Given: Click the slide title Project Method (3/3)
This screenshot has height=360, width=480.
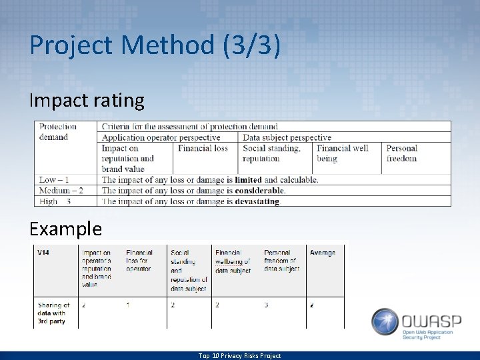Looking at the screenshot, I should pyautogui.click(x=155, y=45).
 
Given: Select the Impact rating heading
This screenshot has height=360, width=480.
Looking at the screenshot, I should pyautogui.click(x=87, y=101).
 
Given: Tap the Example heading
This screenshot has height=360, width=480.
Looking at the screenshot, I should pyautogui.click(x=65, y=229).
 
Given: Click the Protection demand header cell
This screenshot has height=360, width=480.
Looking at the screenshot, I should pyautogui.click(x=58, y=132).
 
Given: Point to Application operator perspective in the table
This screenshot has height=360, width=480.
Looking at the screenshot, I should pyautogui.click(x=161, y=137).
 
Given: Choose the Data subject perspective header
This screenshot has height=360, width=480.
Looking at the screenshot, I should pyautogui.click(x=287, y=137).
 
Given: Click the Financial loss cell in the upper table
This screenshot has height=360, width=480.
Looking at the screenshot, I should pyautogui.click(x=203, y=148).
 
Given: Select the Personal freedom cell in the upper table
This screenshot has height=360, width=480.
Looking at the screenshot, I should pyautogui.click(x=401, y=153).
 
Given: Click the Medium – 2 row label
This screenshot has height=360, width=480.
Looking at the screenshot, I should pyautogui.click(x=61, y=191).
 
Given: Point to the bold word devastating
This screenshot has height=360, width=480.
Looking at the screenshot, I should pyautogui.click(x=257, y=201).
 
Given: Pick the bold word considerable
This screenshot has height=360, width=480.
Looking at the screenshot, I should pyautogui.click(x=259, y=191).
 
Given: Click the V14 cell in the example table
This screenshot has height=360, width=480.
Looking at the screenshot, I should pyautogui.click(x=43, y=253).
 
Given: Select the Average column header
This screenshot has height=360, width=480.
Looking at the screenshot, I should pyautogui.click(x=323, y=253).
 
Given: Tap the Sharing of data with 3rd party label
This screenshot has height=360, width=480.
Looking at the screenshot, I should pyautogui.click(x=53, y=313).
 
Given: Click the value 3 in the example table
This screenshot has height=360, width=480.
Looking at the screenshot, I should pyautogui.click(x=266, y=305).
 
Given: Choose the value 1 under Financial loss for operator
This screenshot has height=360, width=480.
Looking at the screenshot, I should pyautogui.click(x=128, y=305).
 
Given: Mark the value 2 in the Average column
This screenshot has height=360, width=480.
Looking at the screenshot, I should pyautogui.click(x=311, y=305).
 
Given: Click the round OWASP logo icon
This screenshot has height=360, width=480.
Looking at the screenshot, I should pyautogui.click(x=385, y=321).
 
